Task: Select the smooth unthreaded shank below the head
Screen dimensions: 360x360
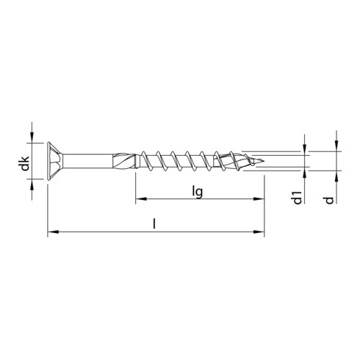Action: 88,159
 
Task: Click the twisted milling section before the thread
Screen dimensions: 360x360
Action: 125,159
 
